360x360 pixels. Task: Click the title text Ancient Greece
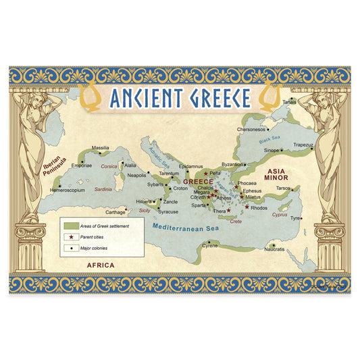coord(179,99)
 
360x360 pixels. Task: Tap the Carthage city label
coord(115,211)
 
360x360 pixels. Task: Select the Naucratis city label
coord(274,250)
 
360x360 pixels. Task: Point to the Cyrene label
coord(210,246)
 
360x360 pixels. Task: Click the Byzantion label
coord(232,164)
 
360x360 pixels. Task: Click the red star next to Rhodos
coord(247,207)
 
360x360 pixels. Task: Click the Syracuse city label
coord(168,211)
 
